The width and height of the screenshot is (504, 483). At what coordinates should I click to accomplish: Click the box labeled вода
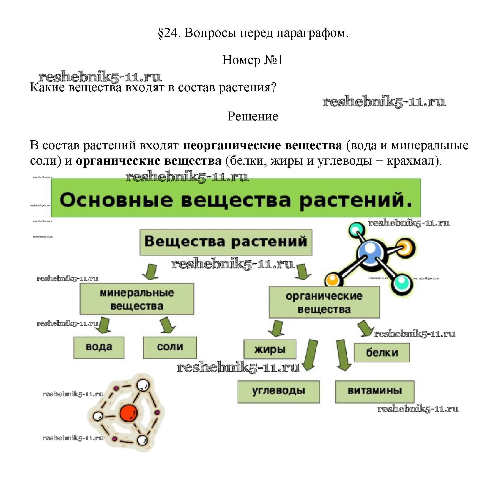click(99, 347)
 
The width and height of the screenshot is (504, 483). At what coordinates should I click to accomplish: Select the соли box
click(170, 347)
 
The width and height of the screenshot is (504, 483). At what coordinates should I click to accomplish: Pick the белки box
click(382, 352)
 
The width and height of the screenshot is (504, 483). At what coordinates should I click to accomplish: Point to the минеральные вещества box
click(137, 299)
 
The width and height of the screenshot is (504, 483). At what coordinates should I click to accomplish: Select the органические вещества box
click(324, 302)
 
